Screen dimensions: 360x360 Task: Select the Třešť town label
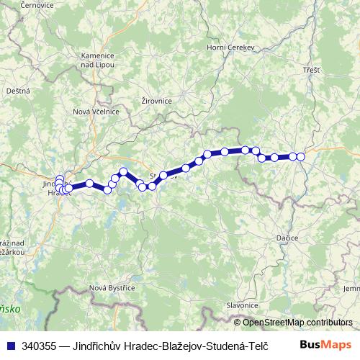[312, 70]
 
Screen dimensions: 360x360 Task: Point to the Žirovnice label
[157, 101]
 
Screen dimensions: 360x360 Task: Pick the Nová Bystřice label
[112, 288]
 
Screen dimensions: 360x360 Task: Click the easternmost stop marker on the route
[301, 156]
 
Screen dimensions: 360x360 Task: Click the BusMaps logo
[325, 346]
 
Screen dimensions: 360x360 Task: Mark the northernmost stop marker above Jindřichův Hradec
[60, 178]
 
